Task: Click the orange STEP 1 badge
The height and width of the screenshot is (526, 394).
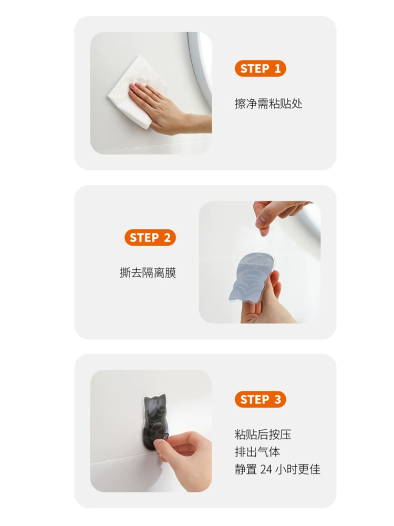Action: coord(260,68)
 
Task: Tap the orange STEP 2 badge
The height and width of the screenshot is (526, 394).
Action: coord(150,238)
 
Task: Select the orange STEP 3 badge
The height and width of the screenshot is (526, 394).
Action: coord(260,399)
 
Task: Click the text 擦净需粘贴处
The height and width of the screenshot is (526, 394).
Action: coord(268,104)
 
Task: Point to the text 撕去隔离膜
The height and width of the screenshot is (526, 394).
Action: coord(148,272)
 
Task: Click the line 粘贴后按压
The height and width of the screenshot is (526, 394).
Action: coord(263,434)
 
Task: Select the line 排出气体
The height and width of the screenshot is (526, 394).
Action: coord(257,452)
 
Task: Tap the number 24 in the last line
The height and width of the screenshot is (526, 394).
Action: coord(266,469)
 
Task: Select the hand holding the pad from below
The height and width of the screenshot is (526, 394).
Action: coord(265,302)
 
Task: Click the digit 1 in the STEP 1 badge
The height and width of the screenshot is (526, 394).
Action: coord(277,69)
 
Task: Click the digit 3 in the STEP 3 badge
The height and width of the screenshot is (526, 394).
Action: coord(277,400)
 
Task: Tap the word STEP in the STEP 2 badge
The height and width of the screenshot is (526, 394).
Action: coord(144,238)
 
